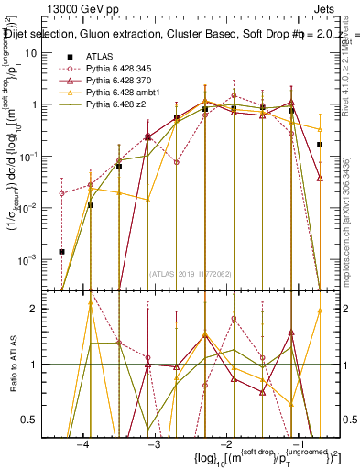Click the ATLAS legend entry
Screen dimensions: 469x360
point(101,56)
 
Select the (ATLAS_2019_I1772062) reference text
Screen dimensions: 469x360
point(191,273)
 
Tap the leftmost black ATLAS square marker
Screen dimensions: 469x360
point(61,251)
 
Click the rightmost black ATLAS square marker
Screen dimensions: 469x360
point(320,145)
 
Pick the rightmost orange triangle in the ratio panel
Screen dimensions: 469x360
point(320,311)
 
